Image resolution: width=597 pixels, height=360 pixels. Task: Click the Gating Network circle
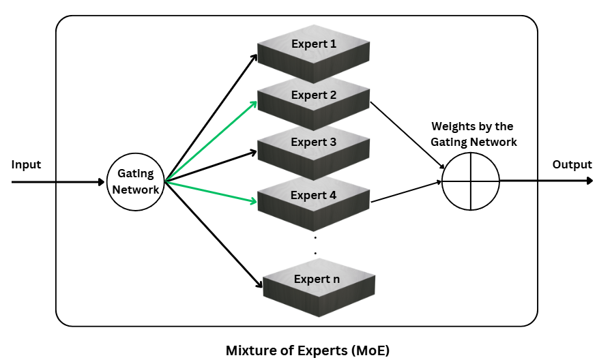pos(135,183)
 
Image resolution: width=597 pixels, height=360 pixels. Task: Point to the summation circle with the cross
pos(470,182)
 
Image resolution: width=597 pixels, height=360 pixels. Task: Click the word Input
pos(26,165)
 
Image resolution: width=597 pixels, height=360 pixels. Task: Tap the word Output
pos(572,165)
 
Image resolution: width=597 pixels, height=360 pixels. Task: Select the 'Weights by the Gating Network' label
pos(474,134)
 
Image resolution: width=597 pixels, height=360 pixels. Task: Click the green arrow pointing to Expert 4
pos(212,192)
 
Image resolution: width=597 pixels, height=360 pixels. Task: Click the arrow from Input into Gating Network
pos(58,182)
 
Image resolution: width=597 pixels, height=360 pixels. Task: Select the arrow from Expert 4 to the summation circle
pos(407,192)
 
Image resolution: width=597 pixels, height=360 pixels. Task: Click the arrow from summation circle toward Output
pos(546,181)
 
